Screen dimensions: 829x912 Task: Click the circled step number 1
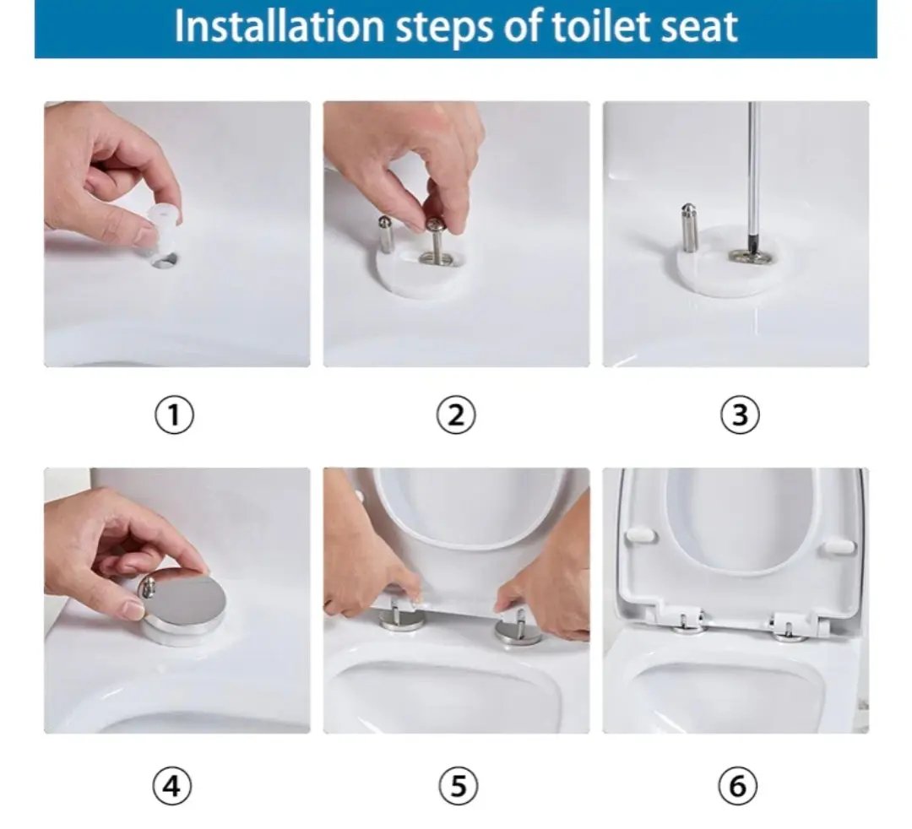174,415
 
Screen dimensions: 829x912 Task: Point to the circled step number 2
456,415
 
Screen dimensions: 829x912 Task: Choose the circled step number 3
739,415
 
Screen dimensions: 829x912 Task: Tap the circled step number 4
171,787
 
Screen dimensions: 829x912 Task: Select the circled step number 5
458,787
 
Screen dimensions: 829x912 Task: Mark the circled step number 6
737,787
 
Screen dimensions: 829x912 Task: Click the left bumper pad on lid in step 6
641,534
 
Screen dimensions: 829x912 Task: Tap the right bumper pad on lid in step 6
836,546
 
